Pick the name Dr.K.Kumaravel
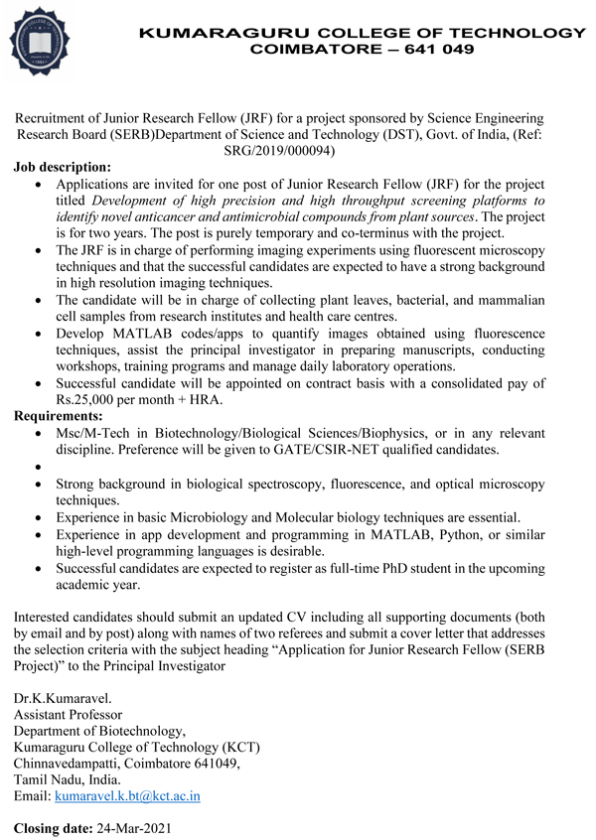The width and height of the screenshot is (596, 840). (64, 697)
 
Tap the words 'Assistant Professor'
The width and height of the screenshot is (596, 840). (68, 714)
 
